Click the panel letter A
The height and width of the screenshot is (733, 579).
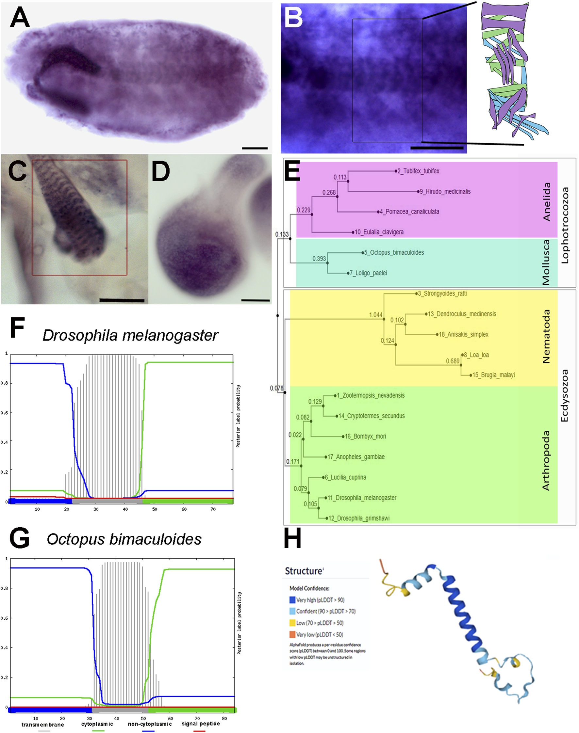20,18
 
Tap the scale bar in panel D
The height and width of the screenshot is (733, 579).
256,300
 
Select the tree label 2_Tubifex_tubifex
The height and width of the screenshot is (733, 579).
418,171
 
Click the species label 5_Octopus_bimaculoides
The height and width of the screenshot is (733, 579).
394,252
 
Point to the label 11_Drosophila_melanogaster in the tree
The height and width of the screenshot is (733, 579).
362,498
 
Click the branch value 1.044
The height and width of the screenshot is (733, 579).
376,315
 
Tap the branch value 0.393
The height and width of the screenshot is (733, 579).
319,259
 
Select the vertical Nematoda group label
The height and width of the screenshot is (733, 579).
546,336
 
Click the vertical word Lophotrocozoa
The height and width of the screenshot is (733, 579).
564,225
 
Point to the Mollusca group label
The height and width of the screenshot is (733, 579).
546,262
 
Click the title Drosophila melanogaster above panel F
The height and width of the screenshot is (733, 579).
130,336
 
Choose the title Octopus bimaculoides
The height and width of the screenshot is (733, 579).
124,539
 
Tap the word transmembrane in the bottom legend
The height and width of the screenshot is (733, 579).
43,725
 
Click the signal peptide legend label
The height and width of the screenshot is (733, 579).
201,724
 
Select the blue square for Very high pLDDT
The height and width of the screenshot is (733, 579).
292,600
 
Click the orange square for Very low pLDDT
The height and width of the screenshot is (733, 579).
292,634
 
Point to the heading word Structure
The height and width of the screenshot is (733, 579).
304,571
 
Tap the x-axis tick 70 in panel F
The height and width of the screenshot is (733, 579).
213,509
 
